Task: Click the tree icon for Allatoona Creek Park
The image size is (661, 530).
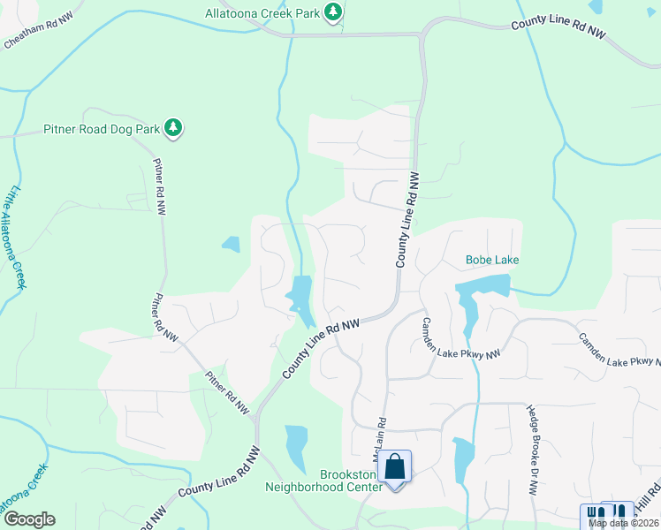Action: coord(333,11)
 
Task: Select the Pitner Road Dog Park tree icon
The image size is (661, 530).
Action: coord(174,129)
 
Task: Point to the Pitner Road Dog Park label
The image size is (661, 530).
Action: coord(102,129)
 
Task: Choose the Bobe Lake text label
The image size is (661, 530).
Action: coord(492,260)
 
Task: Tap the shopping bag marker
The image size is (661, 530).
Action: coord(395,466)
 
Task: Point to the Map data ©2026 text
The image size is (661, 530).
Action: coord(624,523)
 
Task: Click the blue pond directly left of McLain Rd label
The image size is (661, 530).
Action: coord(297,448)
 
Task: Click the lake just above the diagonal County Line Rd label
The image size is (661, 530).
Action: coord(300,295)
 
